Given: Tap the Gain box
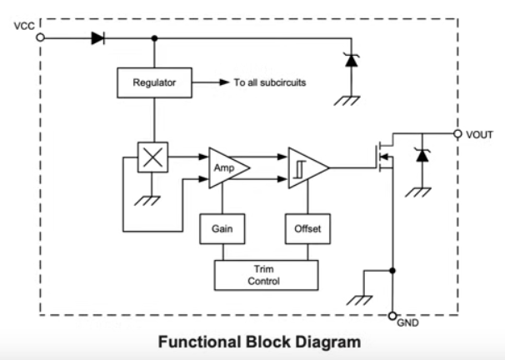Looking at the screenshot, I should (x=221, y=227).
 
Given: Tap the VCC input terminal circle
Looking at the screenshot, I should (x=39, y=37).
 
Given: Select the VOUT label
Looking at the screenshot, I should (x=482, y=133).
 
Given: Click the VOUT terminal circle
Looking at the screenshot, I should (x=457, y=133).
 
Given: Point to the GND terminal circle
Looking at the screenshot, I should (x=392, y=317).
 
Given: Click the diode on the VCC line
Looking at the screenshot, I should (x=97, y=37).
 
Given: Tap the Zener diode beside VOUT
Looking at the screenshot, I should (x=422, y=156).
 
